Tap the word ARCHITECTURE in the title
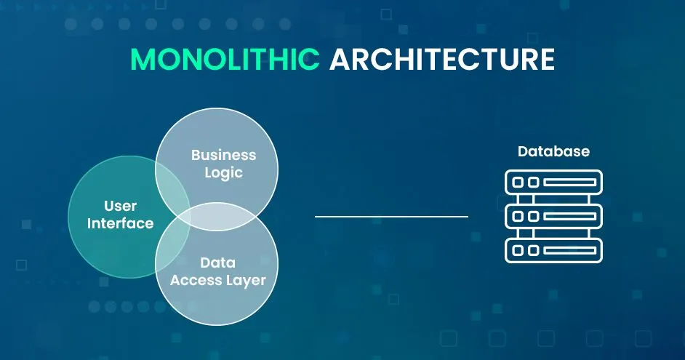pyautogui.click(x=441, y=60)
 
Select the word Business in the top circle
pyautogui.click(x=223, y=155)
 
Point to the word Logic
pyautogui.click(x=223, y=173)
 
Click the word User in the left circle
pyautogui.click(x=121, y=206)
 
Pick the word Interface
pyautogui.click(x=121, y=223)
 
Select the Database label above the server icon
pyautogui.click(x=553, y=152)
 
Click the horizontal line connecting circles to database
pyautogui.click(x=391, y=216)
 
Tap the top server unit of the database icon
pyautogui.click(x=553, y=182)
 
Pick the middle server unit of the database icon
pyautogui.click(x=553, y=216)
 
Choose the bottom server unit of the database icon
pyautogui.click(x=553, y=250)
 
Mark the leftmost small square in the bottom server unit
pyautogui.click(x=518, y=250)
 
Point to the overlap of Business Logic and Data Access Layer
pyautogui.click(x=218, y=216)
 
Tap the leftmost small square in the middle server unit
pyautogui.click(x=518, y=216)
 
